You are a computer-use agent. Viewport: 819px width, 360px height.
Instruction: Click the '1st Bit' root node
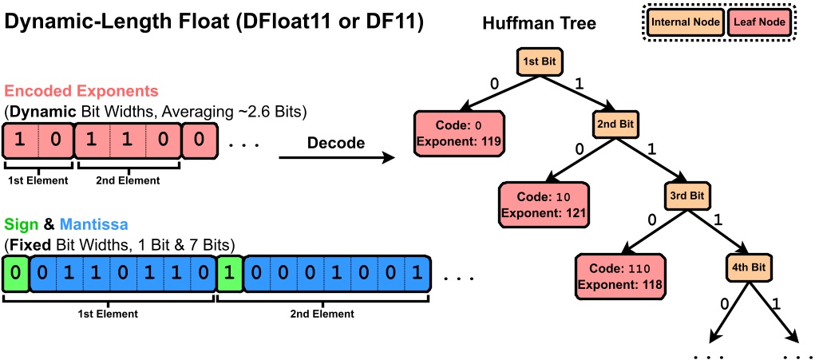click(x=539, y=61)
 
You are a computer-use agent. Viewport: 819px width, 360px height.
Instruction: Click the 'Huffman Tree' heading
click(x=539, y=23)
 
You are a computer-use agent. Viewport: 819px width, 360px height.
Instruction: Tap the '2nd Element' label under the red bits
click(x=127, y=180)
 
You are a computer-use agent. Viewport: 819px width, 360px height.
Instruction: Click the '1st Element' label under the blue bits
click(x=109, y=314)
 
